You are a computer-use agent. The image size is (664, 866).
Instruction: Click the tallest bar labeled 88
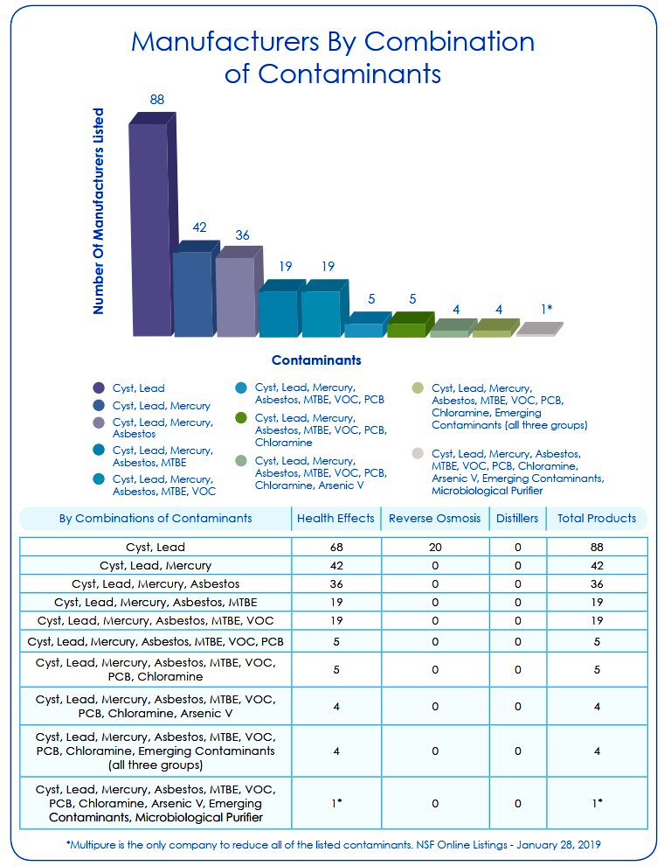[153, 226]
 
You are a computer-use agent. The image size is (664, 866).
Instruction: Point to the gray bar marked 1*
[539, 329]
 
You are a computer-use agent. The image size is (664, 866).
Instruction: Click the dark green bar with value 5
[410, 325]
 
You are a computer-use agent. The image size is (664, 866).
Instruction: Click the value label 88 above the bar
[157, 100]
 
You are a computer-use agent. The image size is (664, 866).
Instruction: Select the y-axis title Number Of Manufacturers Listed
[98, 211]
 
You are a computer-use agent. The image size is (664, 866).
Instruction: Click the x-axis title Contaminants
[316, 360]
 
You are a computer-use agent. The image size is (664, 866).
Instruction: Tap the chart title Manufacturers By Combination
[333, 41]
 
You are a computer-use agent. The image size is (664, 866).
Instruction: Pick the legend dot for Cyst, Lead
[99, 388]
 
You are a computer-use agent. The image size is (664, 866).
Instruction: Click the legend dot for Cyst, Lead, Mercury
[99, 405]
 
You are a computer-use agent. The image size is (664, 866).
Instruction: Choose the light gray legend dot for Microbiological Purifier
[418, 453]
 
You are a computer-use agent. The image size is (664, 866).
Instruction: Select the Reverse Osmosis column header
[434, 518]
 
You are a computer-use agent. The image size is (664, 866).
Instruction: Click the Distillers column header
[517, 518]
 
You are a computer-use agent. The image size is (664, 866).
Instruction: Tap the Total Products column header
[597, 518]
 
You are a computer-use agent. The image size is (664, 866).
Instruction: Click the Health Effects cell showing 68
[336, 548]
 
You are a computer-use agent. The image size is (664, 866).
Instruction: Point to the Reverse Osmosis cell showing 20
[435, 548]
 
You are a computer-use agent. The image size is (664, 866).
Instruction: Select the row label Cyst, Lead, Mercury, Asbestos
[156, 583]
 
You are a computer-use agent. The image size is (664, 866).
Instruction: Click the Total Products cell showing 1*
[597, 803]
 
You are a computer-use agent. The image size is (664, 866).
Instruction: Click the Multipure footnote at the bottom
[333, 844]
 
